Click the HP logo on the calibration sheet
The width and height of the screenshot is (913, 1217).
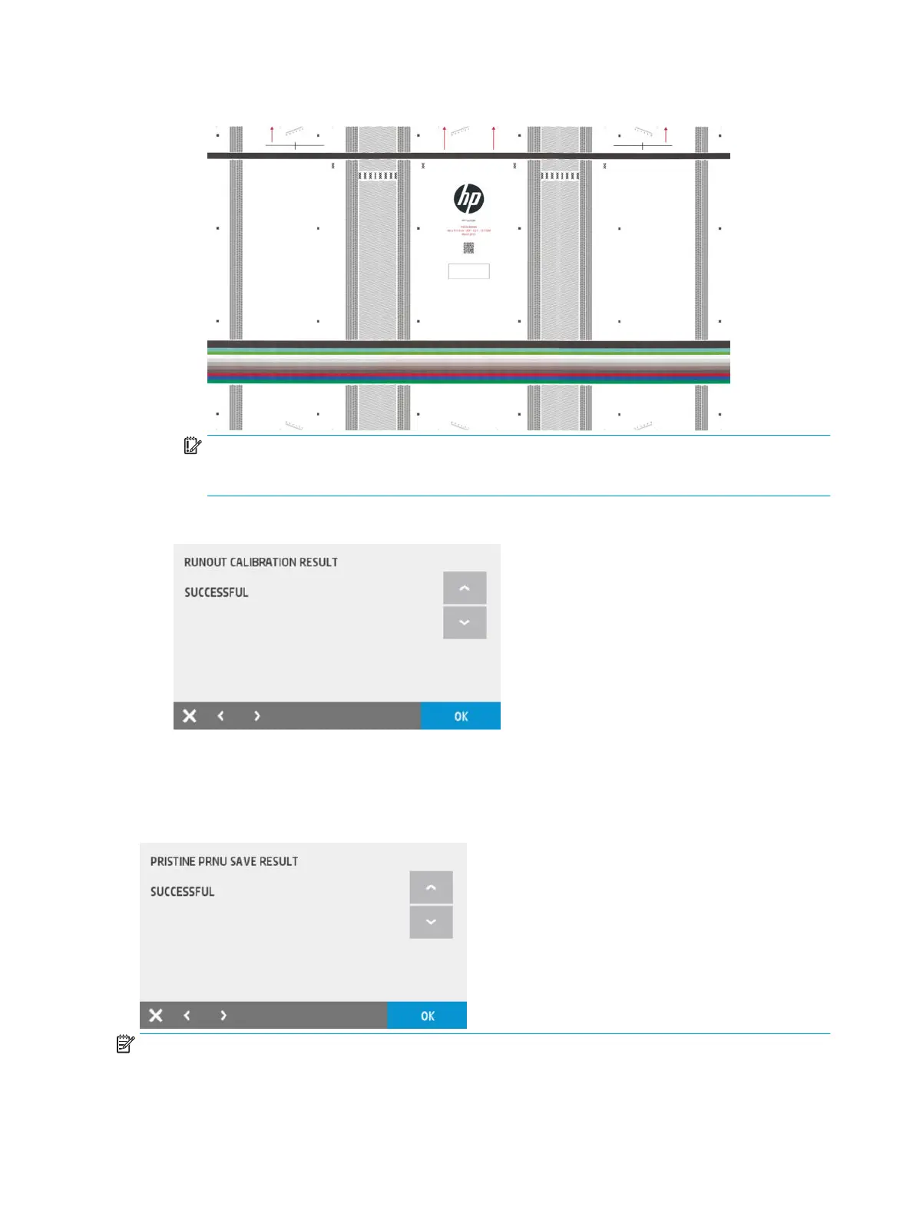click(468, 199)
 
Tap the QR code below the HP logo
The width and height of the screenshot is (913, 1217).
click(468, 247)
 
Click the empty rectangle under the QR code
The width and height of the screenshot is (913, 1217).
click(468, 271)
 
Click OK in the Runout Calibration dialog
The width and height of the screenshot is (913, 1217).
click(461, 716)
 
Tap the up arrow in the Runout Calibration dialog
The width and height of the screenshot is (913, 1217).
click(465, 588)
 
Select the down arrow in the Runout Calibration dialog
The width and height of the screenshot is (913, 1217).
click(465, 622)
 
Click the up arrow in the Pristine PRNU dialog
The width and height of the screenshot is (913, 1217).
click(431, 887)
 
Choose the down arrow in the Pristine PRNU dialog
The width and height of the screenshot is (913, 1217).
click(431, 922)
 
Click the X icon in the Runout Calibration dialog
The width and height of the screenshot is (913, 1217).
click(190, 716)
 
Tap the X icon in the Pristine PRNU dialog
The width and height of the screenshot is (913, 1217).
click(156, 1015)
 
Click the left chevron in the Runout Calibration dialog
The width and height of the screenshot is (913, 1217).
click(221, 716)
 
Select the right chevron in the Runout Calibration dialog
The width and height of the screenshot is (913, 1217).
click(257, 716)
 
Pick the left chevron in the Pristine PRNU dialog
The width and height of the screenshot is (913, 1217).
click(187, 1015)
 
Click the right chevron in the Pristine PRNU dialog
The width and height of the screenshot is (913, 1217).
click(223, 1015)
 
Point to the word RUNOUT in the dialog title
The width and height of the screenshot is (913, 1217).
click(205, 562)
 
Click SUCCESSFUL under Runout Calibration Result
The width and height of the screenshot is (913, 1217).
click(217, 592)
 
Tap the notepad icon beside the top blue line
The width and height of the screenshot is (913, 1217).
click(193, 446)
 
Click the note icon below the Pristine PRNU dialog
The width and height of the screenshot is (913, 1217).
click(125, 1044)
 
